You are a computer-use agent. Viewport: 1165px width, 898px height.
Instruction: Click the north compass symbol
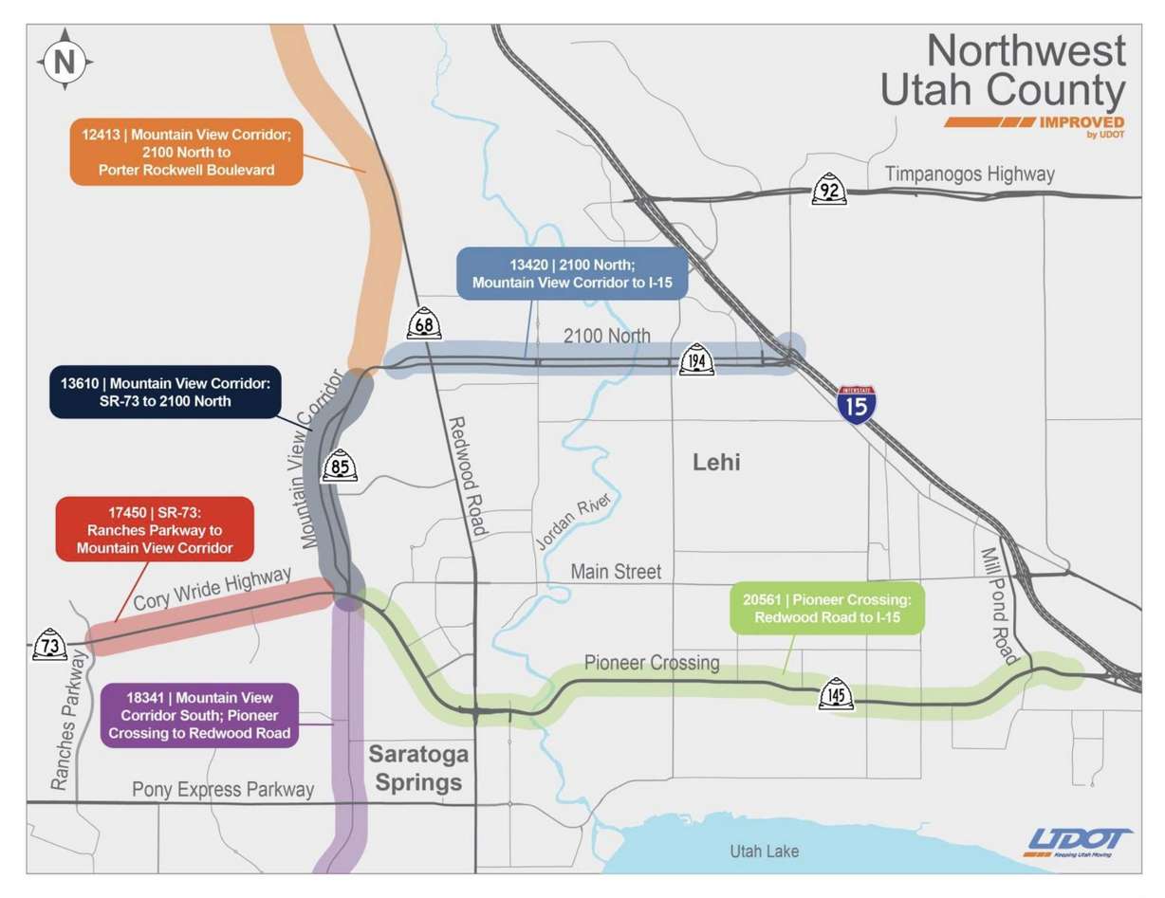65,63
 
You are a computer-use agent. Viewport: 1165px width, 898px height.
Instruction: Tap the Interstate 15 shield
857,403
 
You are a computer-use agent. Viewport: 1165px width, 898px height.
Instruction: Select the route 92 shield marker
829,189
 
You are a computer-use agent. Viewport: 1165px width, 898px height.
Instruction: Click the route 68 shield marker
424,323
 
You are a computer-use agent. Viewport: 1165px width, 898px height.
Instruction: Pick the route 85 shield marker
339,466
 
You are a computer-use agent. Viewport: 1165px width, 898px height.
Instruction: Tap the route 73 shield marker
50,644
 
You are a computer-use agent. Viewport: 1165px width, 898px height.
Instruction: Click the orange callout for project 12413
185,152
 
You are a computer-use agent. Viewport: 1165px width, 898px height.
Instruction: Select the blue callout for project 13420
570,273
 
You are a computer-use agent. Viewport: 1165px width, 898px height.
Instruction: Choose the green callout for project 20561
826,608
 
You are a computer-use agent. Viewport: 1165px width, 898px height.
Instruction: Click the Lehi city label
716,463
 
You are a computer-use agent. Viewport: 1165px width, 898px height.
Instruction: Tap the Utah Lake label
764,851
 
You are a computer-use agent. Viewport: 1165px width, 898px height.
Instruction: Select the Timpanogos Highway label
969,174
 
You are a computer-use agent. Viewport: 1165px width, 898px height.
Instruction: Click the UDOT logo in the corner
1079,841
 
